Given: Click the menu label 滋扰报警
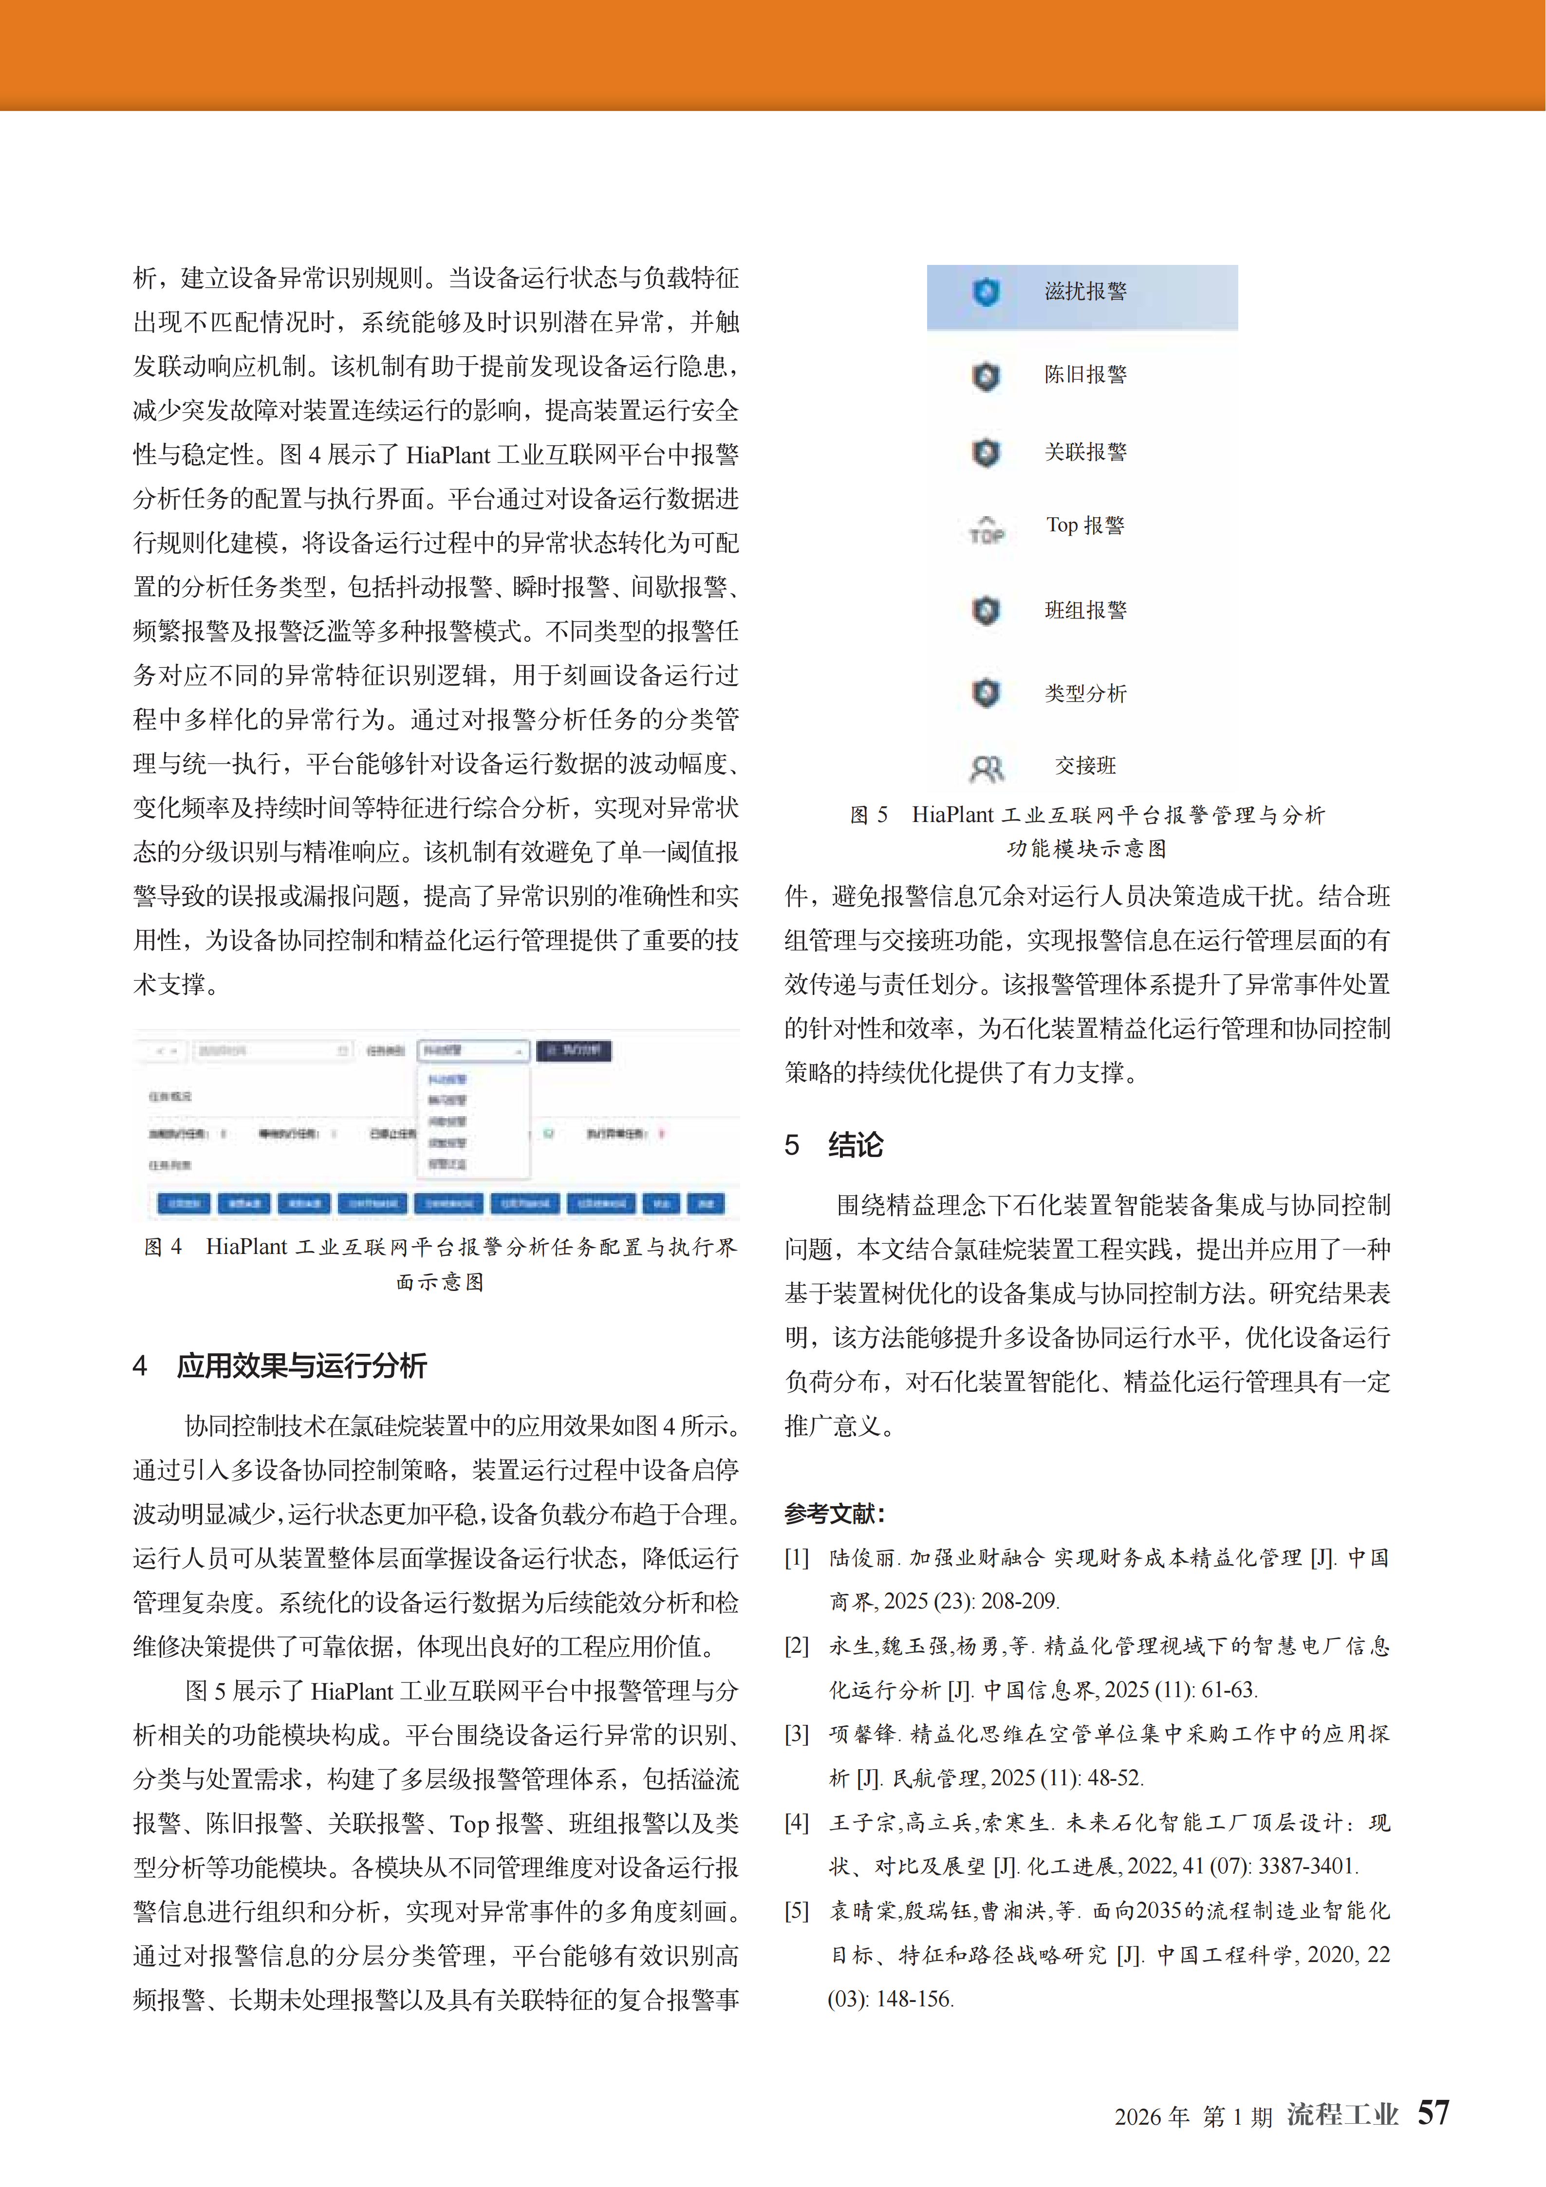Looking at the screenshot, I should tap(1085, 292).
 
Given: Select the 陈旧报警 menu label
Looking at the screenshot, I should tap(1085, 374).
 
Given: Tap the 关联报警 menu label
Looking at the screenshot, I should tap(1085, 451).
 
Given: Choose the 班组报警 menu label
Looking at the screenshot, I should tap(1085, 610).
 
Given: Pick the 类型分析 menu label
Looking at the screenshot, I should tap(1085, 692).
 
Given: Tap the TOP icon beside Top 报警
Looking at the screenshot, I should tap(986, 530).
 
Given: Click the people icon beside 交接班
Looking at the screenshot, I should tap(986, 768).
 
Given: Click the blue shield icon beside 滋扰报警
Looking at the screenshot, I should tap(986, 292).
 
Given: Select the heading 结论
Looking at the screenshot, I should tap(856, 1144).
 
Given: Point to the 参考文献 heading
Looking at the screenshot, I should tap(835, 1513).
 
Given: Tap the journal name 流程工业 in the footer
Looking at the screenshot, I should tap(1342, 2114).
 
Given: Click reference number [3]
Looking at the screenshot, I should tap(796, 1734).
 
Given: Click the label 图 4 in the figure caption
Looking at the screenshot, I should tap(163, 1247).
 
